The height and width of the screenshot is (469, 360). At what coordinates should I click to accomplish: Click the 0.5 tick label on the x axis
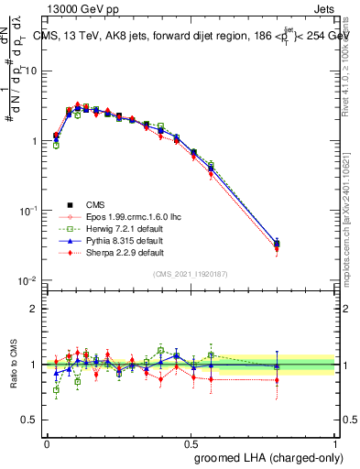pyautogui.click(x=191, y=443)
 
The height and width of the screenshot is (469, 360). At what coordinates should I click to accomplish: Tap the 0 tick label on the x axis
pyautogui.click(x=47, y=443)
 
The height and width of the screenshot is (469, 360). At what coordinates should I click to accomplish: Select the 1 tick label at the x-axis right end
pyautogui.click(x=335, y=443)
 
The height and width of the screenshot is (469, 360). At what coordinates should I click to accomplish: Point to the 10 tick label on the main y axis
pyautogui.click(x=30, y=71)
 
